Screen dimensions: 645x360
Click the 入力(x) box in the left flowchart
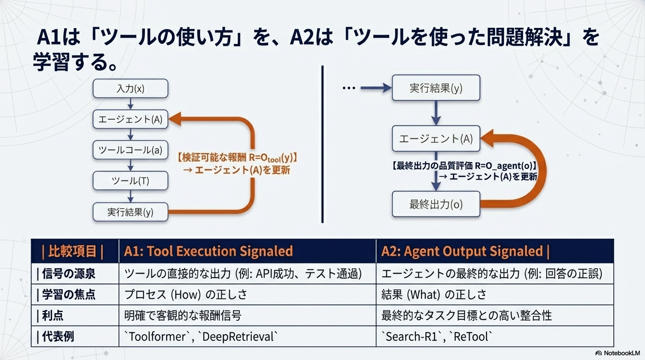coord(130,89)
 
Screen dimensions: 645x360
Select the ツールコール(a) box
coord(130,150)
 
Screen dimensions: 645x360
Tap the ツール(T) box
coord(130,181)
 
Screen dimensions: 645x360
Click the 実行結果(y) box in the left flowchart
coord(130,212)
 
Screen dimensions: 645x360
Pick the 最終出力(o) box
coord(436,204)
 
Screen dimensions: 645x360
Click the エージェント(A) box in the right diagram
coord(436,139)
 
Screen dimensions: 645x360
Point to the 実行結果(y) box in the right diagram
coord(436,88)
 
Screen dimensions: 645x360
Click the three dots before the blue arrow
coord(349,88)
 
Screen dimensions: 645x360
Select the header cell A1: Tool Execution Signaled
coord(247,251)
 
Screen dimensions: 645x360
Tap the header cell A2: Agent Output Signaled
coord(495,251)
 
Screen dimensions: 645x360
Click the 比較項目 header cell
coord(75,251)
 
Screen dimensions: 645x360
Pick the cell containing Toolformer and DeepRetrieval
coord(247,337)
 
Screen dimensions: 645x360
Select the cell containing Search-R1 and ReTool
coord(495,337)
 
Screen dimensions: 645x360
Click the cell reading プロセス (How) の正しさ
coord(247,295)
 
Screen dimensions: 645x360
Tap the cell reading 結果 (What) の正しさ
coord(495,295)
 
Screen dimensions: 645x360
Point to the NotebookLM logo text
coord(622,353)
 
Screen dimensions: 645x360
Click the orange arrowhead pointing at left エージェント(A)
coord(175,119)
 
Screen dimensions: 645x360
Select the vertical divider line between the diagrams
coord(322,144)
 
